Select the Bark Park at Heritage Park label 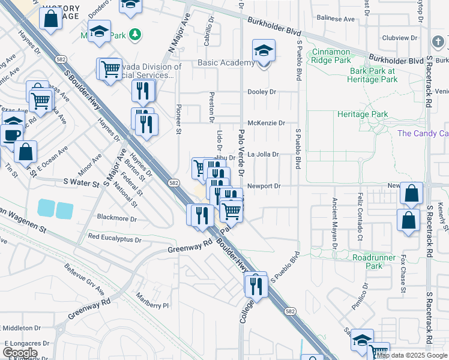[373, 75]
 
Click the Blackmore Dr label [117, 219]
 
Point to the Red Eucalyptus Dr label [114, 239]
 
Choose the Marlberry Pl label [153, 305]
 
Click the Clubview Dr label [399, 38]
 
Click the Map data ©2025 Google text [411, 355]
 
